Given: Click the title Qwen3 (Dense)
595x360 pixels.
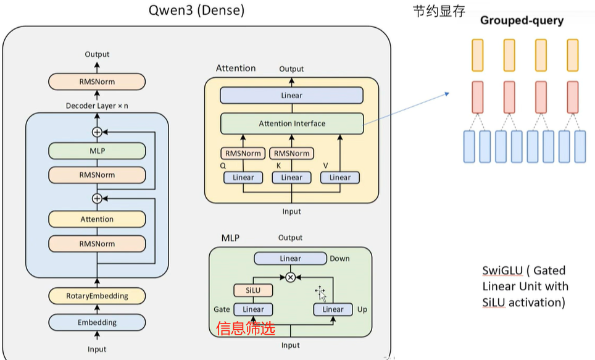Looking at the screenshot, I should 196,10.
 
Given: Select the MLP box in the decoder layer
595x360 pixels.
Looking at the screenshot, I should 97,150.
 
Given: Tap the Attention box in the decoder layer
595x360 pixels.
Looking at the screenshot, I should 97,219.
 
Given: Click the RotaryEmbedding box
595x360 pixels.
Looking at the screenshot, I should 97,296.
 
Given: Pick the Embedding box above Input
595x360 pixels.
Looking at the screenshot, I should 97,322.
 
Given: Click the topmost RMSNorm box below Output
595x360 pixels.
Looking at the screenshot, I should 97,82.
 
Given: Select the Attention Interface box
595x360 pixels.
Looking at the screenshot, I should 292,123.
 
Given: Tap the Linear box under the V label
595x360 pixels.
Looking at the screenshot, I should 339,177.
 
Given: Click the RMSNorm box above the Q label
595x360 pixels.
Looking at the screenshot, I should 243,153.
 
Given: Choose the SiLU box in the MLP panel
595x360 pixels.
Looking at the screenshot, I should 253,290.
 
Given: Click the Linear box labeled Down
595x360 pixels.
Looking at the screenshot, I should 290,259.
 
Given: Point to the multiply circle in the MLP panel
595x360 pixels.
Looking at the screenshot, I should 290,277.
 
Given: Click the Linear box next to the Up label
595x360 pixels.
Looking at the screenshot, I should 333,309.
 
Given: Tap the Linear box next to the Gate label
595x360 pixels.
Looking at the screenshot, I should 253,309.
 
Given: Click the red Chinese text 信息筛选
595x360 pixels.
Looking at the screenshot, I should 246,329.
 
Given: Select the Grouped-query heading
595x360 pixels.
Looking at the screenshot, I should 522,20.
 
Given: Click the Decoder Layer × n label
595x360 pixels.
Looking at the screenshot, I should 97,106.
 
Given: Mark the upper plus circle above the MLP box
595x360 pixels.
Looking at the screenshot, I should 97,132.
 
